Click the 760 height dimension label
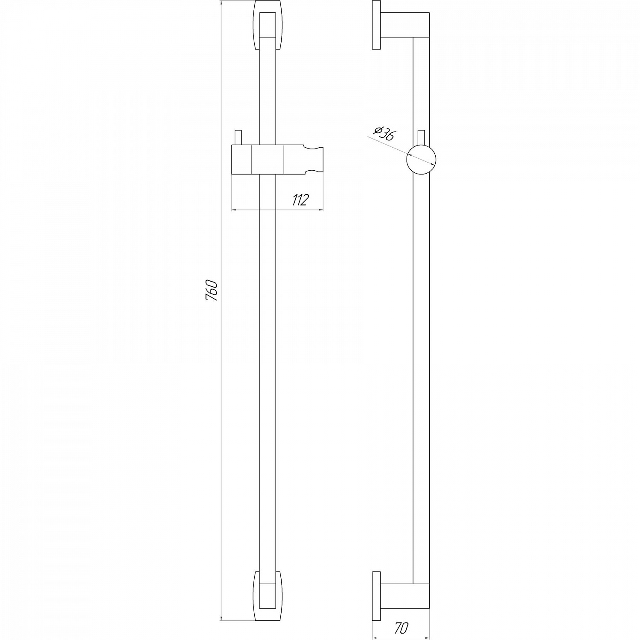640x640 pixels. [x=212, y=291]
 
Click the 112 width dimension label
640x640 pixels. [x=300, y=200]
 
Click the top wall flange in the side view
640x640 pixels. [x=376, y=25]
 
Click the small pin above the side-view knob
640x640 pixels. [x=421, y=137]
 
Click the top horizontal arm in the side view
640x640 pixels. [x=405, y=25]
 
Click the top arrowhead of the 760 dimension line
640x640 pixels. [x=221, y=4]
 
